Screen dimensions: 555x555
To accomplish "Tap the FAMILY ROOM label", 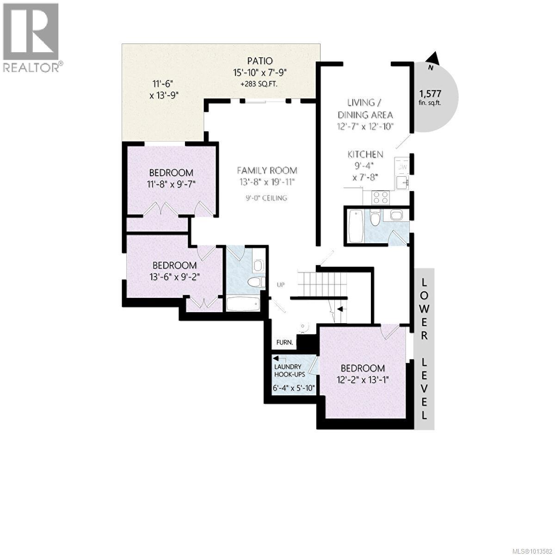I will [x=267, y=170].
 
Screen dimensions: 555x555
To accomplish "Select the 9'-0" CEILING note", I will [x=266, y=198].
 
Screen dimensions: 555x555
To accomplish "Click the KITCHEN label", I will [x=365, y=154].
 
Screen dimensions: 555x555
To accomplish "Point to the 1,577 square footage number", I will [x=430, y=92].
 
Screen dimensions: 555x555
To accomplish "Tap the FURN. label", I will [x=284, y=343].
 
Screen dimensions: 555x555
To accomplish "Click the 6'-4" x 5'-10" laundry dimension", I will [x=294, y=388].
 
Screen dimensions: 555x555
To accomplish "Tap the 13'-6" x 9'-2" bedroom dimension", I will [x=174, y=277].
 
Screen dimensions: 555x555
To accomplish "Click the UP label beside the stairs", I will [x=280, y=284].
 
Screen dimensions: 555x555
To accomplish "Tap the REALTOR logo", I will [x=31, y=37].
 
